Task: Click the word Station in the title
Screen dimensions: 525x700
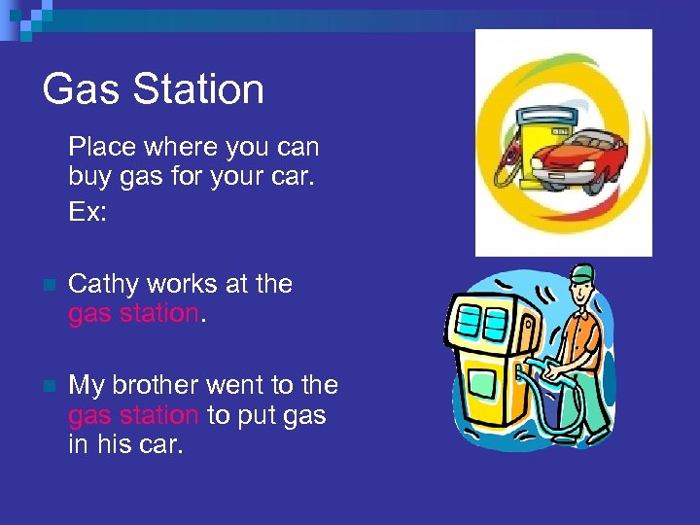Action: coord(198,89)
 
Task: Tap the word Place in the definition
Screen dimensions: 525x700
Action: coord(102,148)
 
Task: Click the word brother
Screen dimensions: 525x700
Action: coord(157,385)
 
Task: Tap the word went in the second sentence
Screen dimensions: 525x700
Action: coord(238,385)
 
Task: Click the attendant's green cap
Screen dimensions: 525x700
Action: coord(581,273)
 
